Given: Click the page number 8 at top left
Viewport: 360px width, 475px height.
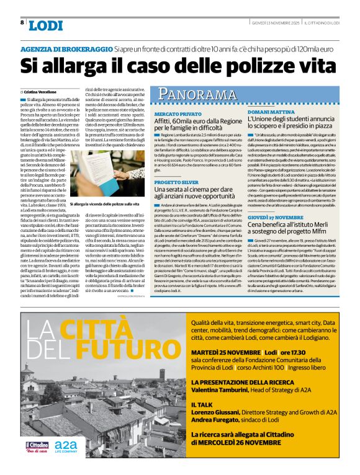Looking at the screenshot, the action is click(22, 22).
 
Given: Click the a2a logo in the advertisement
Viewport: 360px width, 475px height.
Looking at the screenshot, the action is click(66, 445).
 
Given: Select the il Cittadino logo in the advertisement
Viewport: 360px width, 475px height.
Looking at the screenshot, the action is click(37, 446).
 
